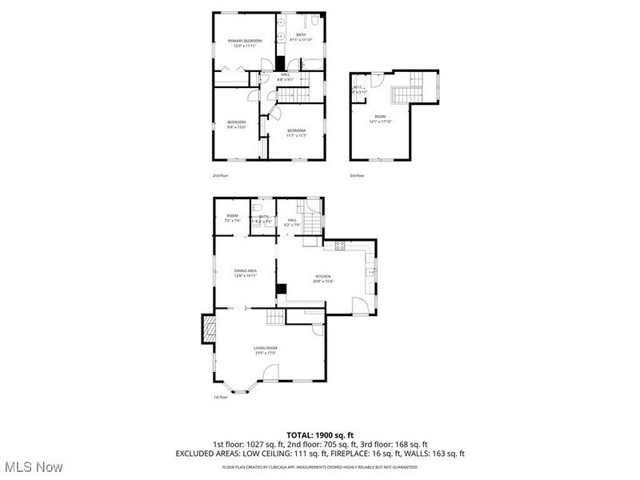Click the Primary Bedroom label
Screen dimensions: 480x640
[x=244, y=42]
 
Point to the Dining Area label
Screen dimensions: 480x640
[x=245, y=273]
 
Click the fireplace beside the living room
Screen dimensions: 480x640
[x=209, y=328]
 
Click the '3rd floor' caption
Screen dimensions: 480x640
[x=357, y=175]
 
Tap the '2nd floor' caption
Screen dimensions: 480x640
[x=220, y=175]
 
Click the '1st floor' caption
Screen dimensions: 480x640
[x=220, y=397]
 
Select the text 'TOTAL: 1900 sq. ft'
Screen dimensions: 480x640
[x=320, y=434]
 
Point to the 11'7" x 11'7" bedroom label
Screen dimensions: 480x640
[x=297, y=133]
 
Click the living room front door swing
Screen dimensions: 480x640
[x=272, y=373]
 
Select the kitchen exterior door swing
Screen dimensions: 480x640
[x=359, y=305]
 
